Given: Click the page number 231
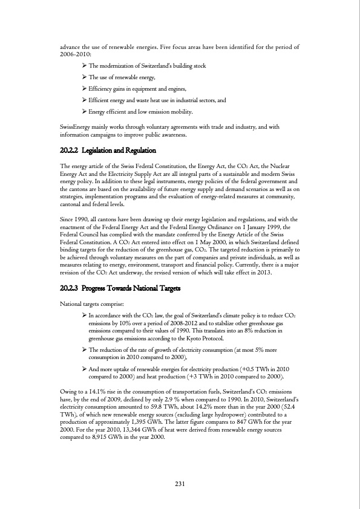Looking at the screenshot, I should (x=180, y=483).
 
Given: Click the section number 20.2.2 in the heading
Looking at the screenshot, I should (x=72, y=150).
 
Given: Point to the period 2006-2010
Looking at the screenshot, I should (x=74, y=54).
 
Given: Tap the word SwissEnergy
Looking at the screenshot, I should (x=76, y=127).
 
